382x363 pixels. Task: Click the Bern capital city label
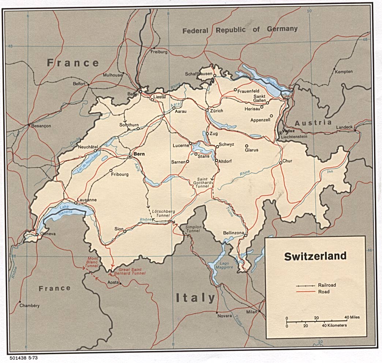click(x=139, y=154)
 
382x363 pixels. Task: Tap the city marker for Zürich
click(x=207, y=110)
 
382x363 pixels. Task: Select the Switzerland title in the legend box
click(x=315, y=256)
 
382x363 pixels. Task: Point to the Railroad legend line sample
click(x=306, y=285)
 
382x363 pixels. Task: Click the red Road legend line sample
click(x=306, y=292)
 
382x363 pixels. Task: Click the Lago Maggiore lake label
click(x=225, y=265)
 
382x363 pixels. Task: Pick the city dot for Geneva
click(x=37, y=235)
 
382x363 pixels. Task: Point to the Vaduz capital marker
click(x=281, y=133)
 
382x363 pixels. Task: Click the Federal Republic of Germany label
click(x=240, y=30)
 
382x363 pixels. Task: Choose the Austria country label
click(x=313, y=123)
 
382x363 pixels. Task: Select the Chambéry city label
click(x=29, y=306)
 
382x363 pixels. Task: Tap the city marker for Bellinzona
click(x=246, y=235)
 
